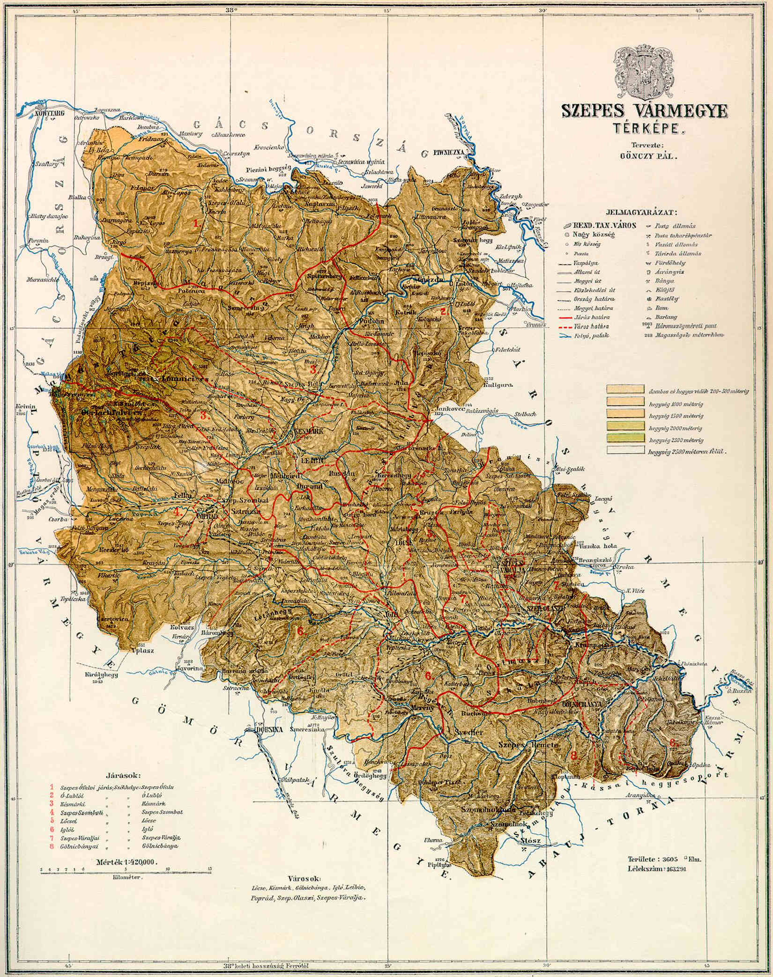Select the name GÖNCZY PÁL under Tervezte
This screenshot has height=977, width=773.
tap(646, 157)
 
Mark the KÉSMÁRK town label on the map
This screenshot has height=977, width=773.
tap(307, 431)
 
